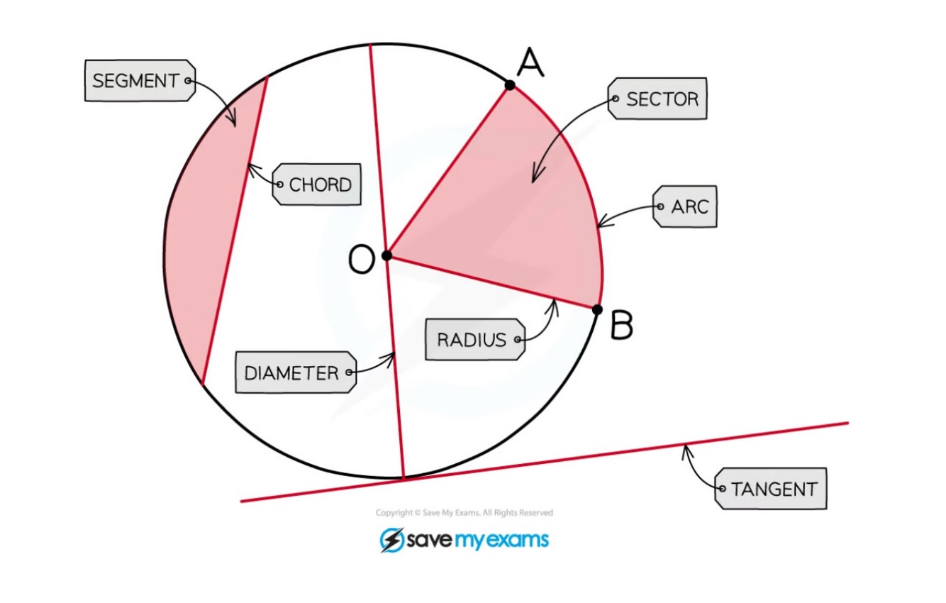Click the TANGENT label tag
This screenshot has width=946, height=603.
(772, 489)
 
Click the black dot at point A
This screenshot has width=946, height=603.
(510, 86)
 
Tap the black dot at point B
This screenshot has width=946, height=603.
(597, 309)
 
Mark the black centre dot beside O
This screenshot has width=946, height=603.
(387, 255)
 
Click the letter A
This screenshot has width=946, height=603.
(530, 63)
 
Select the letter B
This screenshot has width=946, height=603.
(621, 326)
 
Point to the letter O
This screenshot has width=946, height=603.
(361, 260)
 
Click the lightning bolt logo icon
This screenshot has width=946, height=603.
(391, 540)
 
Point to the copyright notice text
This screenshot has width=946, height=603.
(464, 512)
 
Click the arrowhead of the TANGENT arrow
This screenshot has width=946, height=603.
(685, 447)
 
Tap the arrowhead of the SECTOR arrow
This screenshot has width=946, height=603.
(534, 178)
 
